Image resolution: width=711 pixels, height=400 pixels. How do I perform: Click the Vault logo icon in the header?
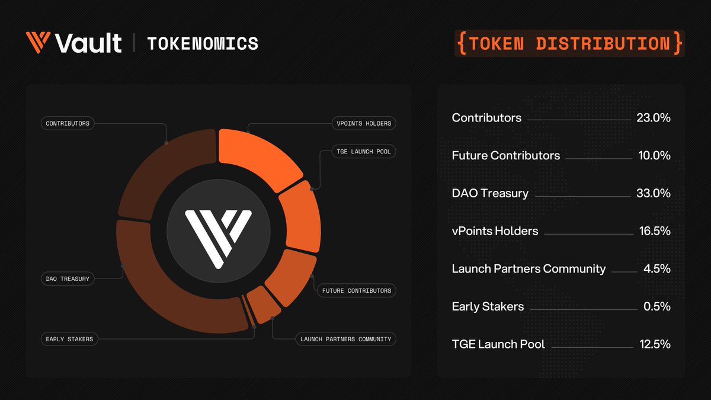(x=39, y=43)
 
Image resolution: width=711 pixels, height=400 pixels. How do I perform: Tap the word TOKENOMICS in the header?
(x=202, y=43)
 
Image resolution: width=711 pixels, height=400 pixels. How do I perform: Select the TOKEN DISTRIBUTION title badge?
(x=569, y=43)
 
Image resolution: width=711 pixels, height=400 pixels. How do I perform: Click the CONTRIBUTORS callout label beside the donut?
(x=68, y=123)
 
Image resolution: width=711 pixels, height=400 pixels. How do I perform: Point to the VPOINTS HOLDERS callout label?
(x=363, y=123)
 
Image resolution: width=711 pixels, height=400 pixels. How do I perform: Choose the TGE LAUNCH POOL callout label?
(x=363, y=152)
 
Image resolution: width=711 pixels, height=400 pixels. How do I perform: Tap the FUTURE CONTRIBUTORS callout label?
(x=357, y=290)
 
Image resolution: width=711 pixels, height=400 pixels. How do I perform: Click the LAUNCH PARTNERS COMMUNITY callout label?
(x=345, y=339)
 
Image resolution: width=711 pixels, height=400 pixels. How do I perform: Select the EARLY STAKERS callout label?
(x=69, y=339)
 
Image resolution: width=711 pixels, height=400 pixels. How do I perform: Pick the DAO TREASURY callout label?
(x=68, y=279)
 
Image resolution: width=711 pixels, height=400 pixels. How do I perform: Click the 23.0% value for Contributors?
(x=653, y=118)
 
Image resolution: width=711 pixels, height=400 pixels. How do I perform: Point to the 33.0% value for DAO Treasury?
(x=653, y=193)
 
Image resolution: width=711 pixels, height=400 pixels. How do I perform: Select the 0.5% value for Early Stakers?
(x=656, y=306)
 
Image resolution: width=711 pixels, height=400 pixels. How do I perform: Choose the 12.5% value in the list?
(x=654, y=344)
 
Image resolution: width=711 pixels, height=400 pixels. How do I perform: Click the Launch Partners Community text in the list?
(x=529, y=268)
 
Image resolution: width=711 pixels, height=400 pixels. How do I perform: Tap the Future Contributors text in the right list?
(x=505, y=155)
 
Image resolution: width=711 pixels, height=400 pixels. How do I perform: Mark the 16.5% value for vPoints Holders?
(x=654, y=231)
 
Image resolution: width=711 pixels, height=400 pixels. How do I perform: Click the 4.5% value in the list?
(x=656, y=268)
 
